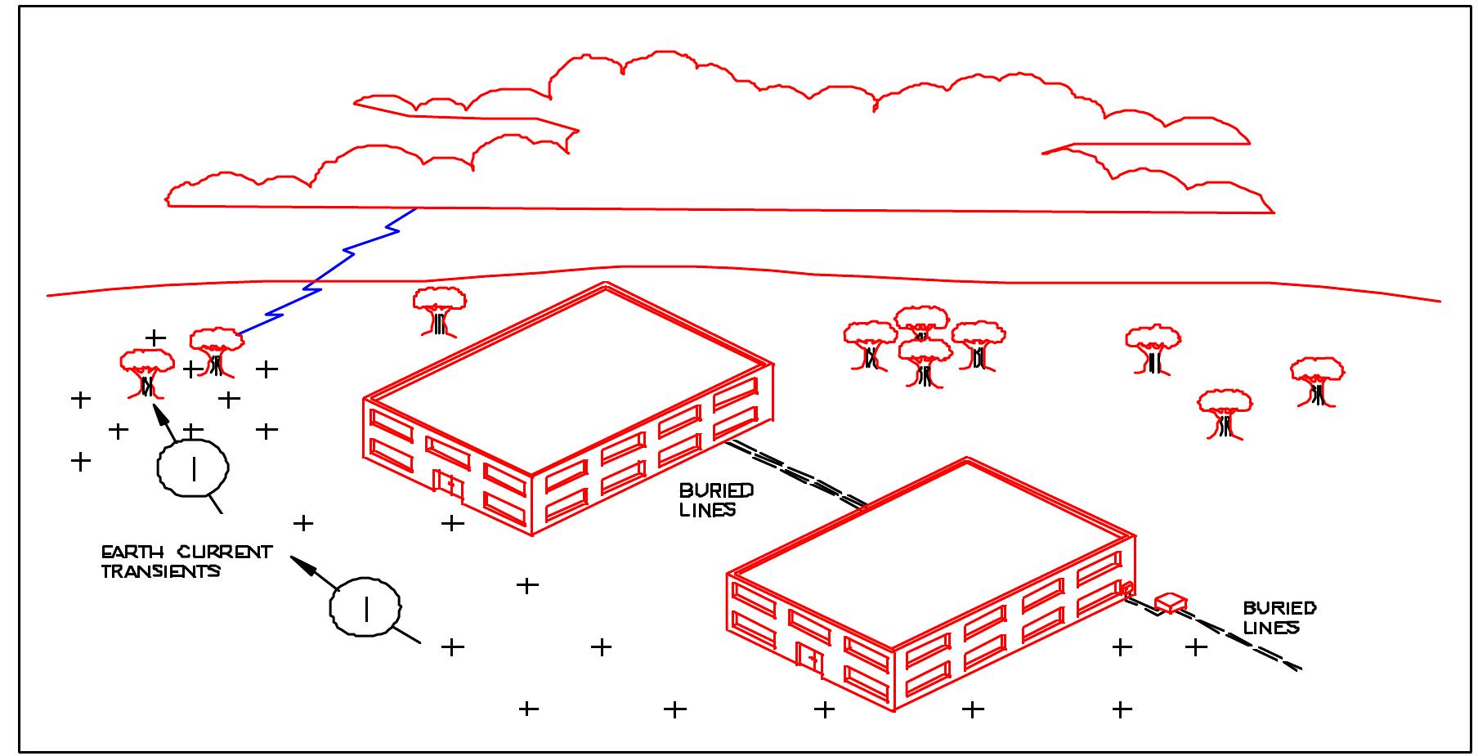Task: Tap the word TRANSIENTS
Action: tap(161, 571)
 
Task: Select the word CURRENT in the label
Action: tap(226, 552)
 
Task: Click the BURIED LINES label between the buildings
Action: tap(716, 500)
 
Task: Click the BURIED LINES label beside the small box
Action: tap(1279, 618)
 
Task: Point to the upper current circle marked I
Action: tap(193, 467)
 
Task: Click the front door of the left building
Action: tap(449, 485)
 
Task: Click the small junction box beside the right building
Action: tap(1171, 603)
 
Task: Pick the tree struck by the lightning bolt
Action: tap(217, 352)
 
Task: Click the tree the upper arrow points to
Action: tap(147, 374)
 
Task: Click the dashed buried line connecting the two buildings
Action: tap(796, 473)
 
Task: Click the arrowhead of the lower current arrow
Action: tap(303, 564)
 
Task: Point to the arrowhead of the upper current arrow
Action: tap(163, 413)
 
